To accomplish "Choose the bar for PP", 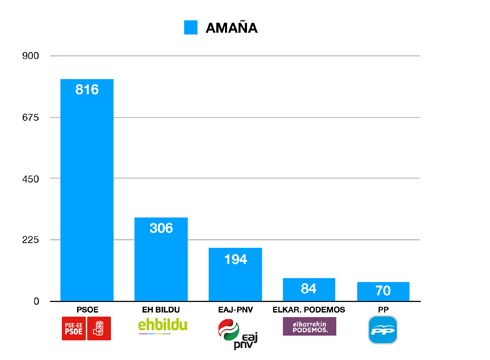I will (x=383, y=292).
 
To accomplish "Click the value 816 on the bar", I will (x=87, y=90).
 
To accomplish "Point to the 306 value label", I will (x=161, y=228).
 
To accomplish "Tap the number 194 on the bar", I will (x=235, y=259).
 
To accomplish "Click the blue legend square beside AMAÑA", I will (x=190, y=28).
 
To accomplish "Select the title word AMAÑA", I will (x=231, y=28).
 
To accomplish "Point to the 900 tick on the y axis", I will (x=30, y=56).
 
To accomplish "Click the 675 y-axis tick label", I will (x=30, y=117).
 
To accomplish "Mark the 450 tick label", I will (x=30, y=179).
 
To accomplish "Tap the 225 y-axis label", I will (x=30, y=240).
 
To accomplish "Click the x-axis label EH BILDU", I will (x=161, y=309).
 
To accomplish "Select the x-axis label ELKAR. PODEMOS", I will (x=309, y=309).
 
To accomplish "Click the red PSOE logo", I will (x=87, y=328).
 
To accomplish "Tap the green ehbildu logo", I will (x=162, y=327).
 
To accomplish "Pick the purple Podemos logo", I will (x=309, y=326).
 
